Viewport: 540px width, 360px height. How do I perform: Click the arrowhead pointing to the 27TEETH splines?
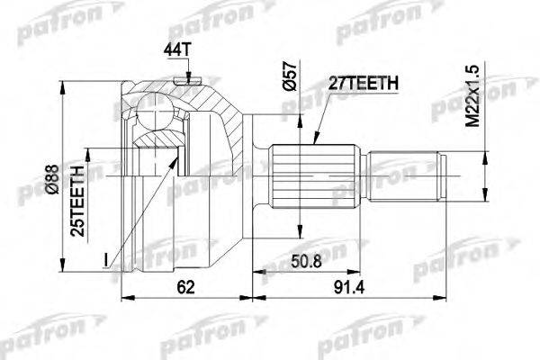coord(315,140)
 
